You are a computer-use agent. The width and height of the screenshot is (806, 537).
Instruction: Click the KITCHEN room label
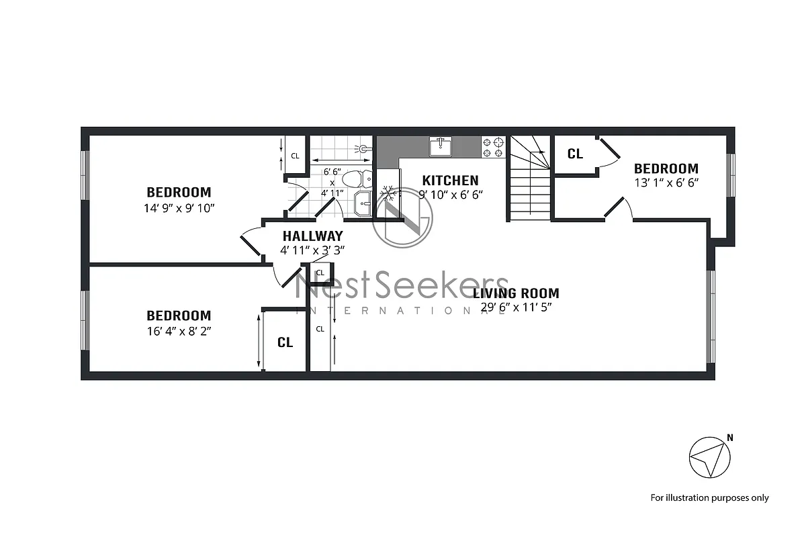pyautogui.click(x=450, y=180)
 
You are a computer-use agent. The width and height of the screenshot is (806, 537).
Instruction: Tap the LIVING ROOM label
pyautogui.click(x=516, y=293)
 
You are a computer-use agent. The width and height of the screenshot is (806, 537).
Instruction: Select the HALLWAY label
pyautogui.click(x=312, y=236)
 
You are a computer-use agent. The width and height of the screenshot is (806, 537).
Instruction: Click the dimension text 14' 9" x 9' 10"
pyautogui.click(x=179, y=207)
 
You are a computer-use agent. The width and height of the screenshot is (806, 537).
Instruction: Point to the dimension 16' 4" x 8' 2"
pyautogui.click(x=179, y=330)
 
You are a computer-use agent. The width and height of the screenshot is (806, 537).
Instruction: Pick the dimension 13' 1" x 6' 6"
pyautogui.click(x=666, y=183)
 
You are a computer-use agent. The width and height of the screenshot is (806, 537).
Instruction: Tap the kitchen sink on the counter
pyautogui.click(x=441, y=146)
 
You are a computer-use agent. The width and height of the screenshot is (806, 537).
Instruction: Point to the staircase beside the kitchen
pyautogui.click(x=529, y=178)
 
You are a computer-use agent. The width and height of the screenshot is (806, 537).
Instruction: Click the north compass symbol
pyautogui.click(x=710, y=458)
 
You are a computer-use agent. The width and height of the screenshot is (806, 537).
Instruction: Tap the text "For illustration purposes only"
pyautogui.click(x=709, y=497)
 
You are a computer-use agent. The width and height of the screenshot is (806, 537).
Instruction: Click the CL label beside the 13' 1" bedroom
pyautogui.click(x=575, y=154)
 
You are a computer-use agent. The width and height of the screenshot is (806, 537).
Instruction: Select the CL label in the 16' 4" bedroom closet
pyautogui.click(x=285, y=342)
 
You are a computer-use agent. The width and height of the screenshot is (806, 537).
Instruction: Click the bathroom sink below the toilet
pyautogui.click(x=362, y=203)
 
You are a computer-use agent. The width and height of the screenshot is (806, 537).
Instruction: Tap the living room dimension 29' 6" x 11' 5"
pyautogui.click(x=516, y=307)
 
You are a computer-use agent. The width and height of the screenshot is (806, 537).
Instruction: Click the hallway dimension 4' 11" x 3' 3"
pyautogui.click(x=312, y=250)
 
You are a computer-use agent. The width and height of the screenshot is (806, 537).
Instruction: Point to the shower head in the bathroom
pyautogui.click(x=363, y=148)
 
